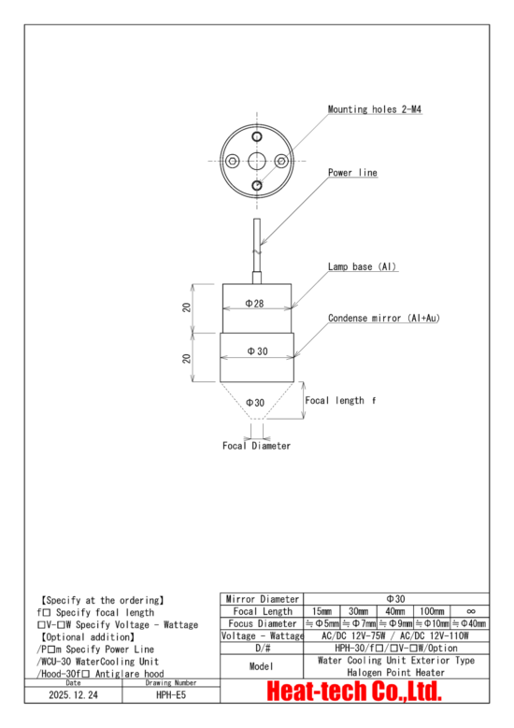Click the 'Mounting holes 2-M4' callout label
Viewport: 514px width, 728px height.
376,109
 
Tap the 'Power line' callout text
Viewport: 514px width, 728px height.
352,173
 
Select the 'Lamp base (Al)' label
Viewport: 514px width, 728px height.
363,267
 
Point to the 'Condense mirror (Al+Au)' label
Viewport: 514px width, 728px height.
383,319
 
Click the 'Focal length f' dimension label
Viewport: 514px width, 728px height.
340,400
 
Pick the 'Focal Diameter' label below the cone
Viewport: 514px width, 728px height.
256,446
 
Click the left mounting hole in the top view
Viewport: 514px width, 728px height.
231,163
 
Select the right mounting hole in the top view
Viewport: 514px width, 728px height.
281,163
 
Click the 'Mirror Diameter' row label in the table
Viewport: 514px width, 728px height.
262,598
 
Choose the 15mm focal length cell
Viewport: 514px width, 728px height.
321,610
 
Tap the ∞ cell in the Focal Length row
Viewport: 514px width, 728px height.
470,610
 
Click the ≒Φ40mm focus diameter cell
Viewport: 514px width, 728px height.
470,623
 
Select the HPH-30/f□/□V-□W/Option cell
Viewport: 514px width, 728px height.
396,648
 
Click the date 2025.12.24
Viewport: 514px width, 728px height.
73,696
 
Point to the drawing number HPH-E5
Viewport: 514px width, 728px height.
171,696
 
